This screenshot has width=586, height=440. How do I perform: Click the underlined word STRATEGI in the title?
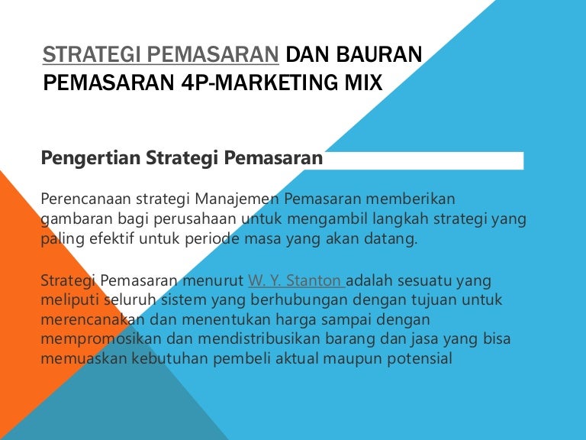[89, 55]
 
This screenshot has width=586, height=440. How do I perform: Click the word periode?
[202, 238]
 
